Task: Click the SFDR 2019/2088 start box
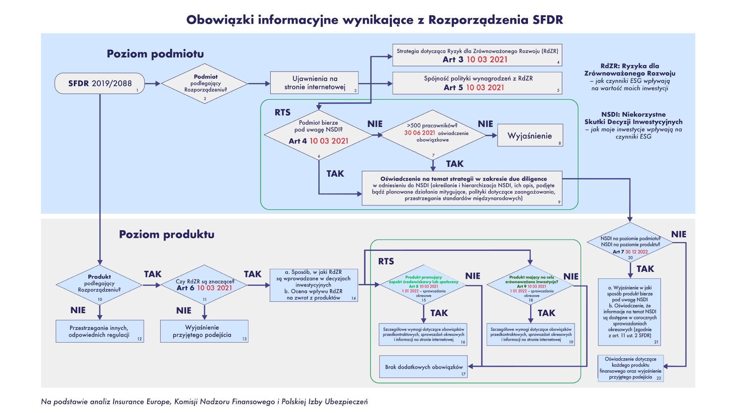(99, 83)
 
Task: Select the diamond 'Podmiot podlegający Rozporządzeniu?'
(205, 83)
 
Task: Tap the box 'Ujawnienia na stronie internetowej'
(314, 83)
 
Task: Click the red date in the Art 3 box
(487, 59)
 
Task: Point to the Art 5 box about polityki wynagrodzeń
(477, 83)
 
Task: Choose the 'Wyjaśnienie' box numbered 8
(530, 135)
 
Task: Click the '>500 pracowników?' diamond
(433, 135)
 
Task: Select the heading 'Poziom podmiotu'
(155, 54)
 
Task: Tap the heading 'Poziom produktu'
(166, 234)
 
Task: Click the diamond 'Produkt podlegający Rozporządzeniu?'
(99, 285)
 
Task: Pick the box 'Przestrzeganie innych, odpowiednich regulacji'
(99, 331)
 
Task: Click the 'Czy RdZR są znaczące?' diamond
(204, 285)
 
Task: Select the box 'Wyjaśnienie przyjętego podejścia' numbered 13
(204, 331)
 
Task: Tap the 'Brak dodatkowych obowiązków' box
(424, 367)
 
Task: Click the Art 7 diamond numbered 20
(630, 243)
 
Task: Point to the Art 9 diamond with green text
(531, 285)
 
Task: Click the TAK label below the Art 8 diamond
(439, 313)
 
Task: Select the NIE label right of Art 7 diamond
(679, 234)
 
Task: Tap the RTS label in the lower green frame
(386, 262)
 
